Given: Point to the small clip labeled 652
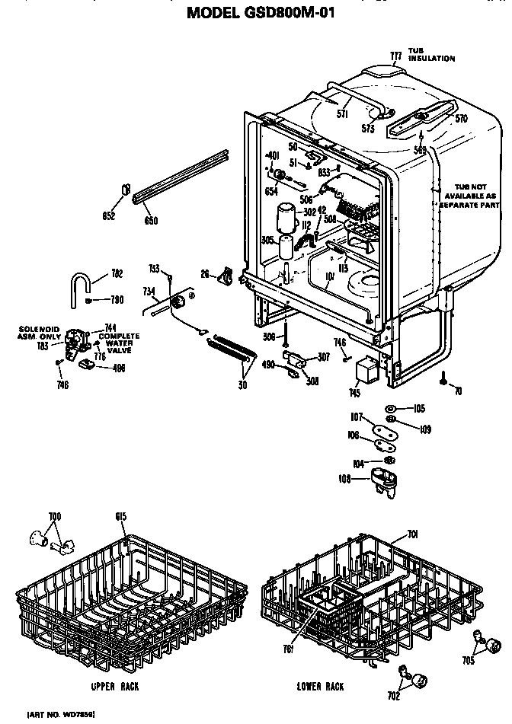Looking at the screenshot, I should pos(126,190).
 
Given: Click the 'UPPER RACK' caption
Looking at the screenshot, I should pos(114,685).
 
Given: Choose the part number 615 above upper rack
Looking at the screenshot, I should pos(120,517).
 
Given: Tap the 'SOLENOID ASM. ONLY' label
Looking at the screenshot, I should pos(38,332).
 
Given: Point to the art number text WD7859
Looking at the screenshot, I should pos(62,715).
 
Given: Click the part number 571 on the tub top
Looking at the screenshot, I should pos(342,113).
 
